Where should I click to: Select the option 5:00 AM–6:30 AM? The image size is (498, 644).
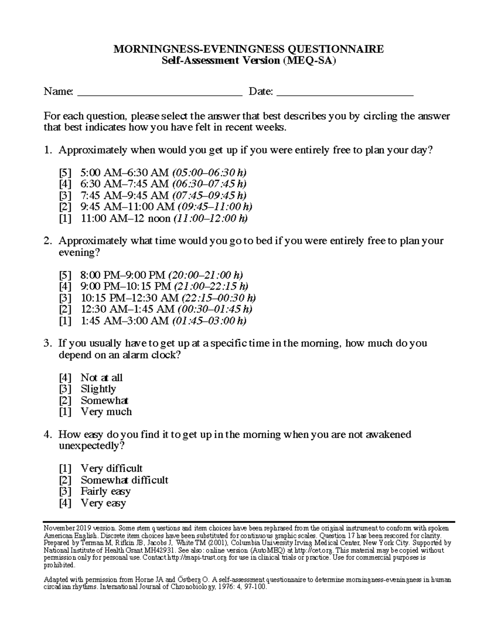[x=124, y=172]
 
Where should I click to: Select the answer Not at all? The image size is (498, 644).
[x=102, y=377]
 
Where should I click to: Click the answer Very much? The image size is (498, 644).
[x=106, y=412]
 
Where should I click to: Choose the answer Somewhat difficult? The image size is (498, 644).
[x=124, y=480]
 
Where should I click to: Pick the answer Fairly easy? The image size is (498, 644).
[x=106, y=491]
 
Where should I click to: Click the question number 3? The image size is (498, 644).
[x=47, y=343]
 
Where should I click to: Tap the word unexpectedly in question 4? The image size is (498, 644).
[x=91, y=446]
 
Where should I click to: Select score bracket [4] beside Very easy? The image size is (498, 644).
[x=65, y=503]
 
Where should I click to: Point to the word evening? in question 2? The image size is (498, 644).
[x=79, y=253]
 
